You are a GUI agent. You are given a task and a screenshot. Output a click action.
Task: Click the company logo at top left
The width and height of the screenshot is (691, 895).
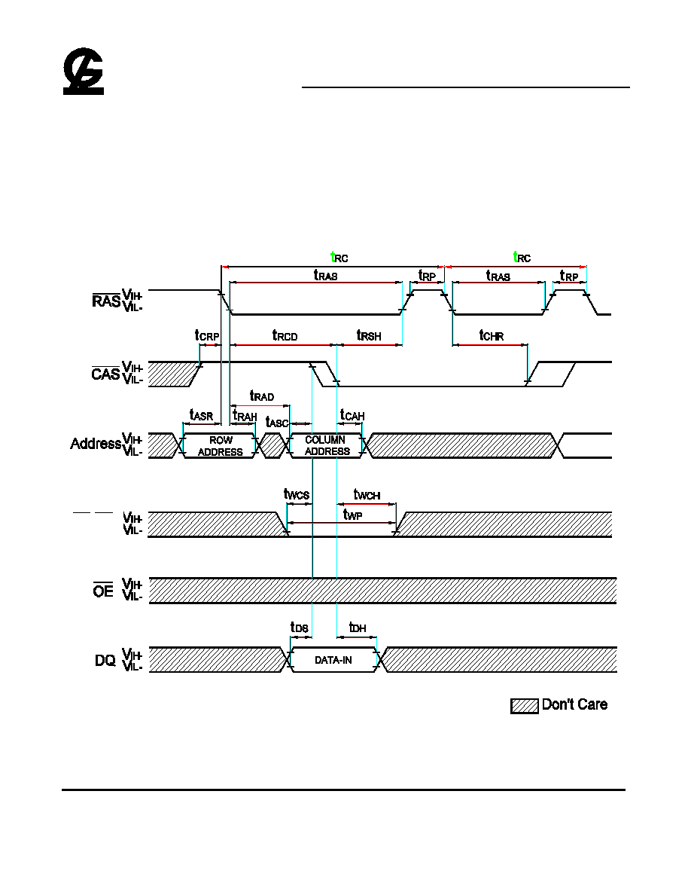[x=84, y=71]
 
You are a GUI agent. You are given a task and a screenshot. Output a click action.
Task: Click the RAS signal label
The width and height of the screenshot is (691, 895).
[x=106, y=301]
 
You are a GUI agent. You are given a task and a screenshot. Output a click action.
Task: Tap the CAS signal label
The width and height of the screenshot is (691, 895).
[x=105, y=374]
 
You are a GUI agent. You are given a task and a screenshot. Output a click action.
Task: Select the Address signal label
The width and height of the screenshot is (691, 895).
[x=96, y=444]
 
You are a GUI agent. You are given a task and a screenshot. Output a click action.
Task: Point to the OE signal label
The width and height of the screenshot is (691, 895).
[x=103, y=591]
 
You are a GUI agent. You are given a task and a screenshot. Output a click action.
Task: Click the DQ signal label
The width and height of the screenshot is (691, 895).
[x=105, y=661]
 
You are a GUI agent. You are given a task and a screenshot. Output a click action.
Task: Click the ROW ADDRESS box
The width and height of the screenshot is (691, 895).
[x=220, y=446]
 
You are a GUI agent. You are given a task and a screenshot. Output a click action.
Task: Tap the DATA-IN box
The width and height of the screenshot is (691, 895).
[x=333, y=660]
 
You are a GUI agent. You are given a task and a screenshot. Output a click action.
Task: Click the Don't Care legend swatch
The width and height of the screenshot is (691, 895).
[x=525, y=705]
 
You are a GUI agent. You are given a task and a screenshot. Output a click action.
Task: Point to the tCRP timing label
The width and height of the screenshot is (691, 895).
[x=207, y=336]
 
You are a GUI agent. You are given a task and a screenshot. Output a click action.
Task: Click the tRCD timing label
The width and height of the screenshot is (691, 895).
[x=285, y=336]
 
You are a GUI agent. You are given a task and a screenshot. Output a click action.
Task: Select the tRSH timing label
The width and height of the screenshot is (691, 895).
[x=369, y=336]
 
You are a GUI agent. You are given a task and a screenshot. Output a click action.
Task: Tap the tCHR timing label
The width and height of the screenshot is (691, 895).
[x=492, y=336]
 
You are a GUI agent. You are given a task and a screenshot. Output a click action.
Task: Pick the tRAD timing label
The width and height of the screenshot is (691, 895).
[x=262, y=396]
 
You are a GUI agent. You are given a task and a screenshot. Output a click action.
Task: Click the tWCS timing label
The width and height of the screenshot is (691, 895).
[x=297, y=494]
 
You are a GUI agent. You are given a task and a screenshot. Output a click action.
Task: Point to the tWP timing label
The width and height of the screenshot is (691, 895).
[x=352, y=515]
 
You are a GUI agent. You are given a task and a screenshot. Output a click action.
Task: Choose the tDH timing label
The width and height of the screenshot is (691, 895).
[x=358, y=628]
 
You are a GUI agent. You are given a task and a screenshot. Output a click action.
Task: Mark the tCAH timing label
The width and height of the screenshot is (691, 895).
[x=352, y=416]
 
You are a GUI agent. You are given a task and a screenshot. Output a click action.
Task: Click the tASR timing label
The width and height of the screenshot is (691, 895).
[x=201, y=416]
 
